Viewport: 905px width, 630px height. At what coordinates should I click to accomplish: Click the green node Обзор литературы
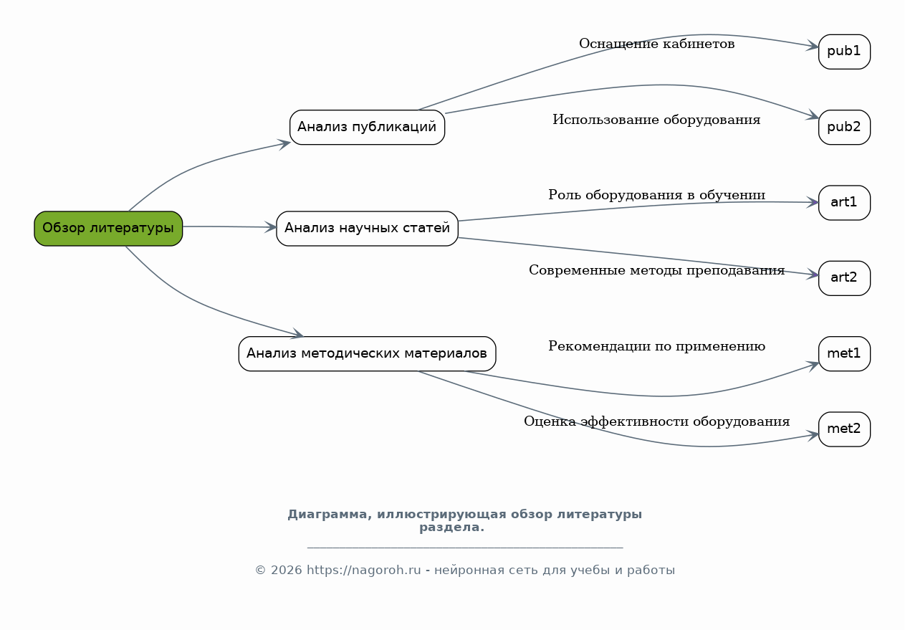(x=108, y=229)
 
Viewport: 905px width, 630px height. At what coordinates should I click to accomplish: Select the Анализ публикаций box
(x=367, y=128)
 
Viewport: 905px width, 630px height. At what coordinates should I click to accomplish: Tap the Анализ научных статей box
(x=367, y=229)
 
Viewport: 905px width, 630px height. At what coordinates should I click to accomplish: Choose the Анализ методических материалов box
(x=367, y=353)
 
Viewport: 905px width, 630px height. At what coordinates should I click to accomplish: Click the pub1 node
(x=844, y=52)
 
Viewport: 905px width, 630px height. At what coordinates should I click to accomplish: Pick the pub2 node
(x=844, y=128)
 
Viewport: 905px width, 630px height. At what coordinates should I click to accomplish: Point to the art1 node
(x=844, y=203)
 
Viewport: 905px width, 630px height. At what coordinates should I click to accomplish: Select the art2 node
(x=844, y=278)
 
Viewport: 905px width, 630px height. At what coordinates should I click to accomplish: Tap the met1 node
(x=844, y=353)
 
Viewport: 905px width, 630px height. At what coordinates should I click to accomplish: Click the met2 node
(x=844, y=429)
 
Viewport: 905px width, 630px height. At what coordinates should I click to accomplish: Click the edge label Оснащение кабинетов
(x=656, y=44)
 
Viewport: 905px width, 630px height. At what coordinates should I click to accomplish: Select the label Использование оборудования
(x=656, y=120)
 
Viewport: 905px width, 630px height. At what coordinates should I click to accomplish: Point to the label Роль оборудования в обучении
(x=656, y=195)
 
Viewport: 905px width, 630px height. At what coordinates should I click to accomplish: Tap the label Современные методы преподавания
(x=656, y=270)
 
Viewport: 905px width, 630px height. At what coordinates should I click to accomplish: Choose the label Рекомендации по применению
(x=656, y=346)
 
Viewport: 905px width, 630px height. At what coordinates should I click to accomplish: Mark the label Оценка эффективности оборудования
(x=656, y=421)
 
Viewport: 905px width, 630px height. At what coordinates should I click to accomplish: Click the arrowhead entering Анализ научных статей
(x=270, y=227)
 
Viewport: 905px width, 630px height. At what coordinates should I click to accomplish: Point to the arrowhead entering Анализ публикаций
(x=284, y=144)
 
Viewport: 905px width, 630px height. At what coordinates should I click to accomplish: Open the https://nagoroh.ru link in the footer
(x=363, y=571)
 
